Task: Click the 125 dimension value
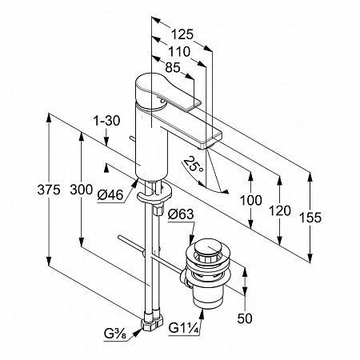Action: click(x=182, y=34)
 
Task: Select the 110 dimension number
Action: click(x=179, y=51)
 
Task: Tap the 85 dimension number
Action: click(x=173, y=67)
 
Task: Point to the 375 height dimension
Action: click(x=49, y=190)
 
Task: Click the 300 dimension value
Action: click(x=82, y=190)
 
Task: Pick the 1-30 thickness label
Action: click(x=106, y=121)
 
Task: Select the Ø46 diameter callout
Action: click(x=110, y=195)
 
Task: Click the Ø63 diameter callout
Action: click(x=181, y=214)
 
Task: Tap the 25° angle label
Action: click(x=193, y=165)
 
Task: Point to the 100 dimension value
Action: click(x=251, y=200)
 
